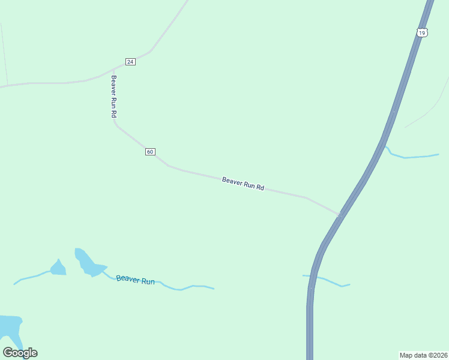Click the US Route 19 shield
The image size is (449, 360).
pos(423,33)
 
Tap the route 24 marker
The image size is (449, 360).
pos(130,62)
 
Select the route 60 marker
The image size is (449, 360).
pos(150,152)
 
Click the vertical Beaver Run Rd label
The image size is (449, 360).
pos(113,96)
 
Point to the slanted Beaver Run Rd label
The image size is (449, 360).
pos(243,184)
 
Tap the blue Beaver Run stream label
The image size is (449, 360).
pos(136,280)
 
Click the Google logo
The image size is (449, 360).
pos(20,353)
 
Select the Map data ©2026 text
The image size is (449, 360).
pos(423,355)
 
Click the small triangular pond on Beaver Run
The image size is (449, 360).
pos(58,268)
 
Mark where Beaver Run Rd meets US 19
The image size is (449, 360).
pos(340,214)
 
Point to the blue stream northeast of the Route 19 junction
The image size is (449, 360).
pos(414,157)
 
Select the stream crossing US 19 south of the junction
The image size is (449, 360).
pos(327,280)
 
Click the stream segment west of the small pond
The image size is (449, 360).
pos(30,277)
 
